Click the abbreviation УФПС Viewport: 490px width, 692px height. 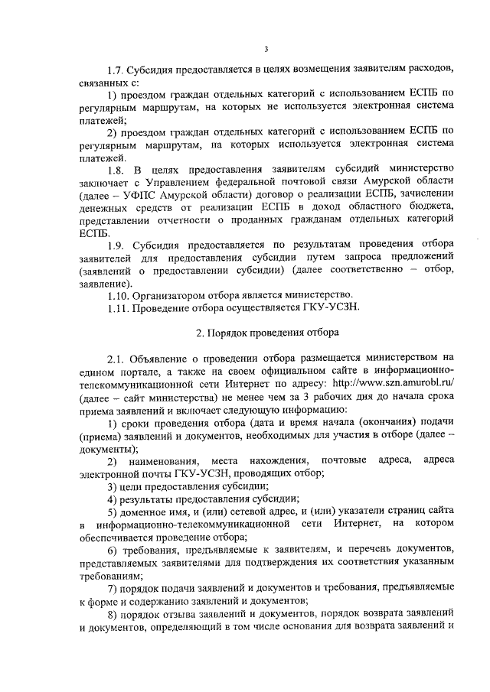pos(126,195)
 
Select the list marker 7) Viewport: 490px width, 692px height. pos(112,588)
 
